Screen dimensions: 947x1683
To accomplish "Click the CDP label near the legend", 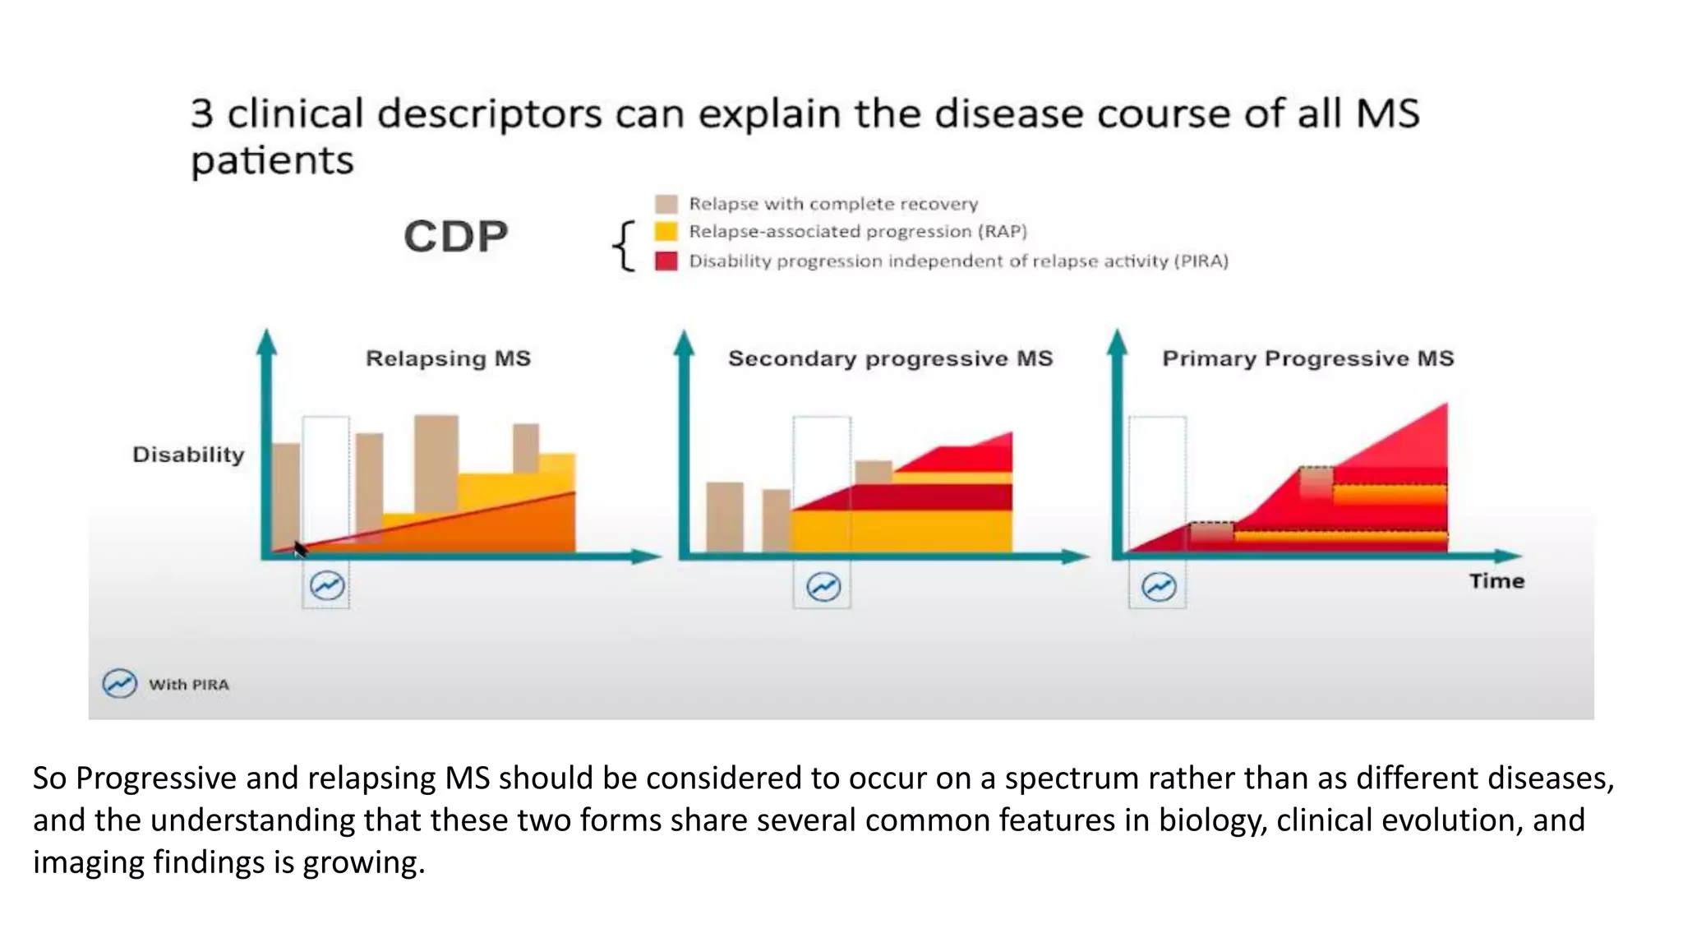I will pyautogui.click(x=456, y=237).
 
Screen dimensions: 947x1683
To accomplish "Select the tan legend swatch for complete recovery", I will pyautogui.click(x=666, y=204).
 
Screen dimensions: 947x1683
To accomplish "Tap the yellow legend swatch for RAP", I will pyautogui.click(x=666, y=232).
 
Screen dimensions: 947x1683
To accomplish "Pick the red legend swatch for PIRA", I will pyautogui.click(x=666, y=261).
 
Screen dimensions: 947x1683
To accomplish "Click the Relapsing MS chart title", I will pyautogui.click(x=448, y=358).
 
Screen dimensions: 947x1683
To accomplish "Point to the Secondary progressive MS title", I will pyautogui.click(x=890, y=358).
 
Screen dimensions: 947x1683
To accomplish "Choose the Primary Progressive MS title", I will pyautogui.click(x=1307, y=358).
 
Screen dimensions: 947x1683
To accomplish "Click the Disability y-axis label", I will pyautogui.click(x=188, y=455).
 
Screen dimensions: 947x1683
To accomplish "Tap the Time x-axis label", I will pyautogui.click(x=1496, y=581).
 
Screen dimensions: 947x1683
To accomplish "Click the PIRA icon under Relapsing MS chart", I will pyautogui.click(x=326, y=586).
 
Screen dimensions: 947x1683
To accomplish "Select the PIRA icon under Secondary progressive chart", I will pyautogui.click(x=823, y=587).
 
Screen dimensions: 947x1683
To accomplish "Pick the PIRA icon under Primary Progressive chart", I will pyautogui.click(x=1159, y=587).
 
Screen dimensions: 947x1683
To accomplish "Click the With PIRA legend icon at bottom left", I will pyautogui.click(x=119, y=684).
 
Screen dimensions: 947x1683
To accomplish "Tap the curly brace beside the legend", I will pyautogui.click(x=625, y=246).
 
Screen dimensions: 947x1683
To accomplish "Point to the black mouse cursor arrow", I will pyautogui.click(x=299, y=549).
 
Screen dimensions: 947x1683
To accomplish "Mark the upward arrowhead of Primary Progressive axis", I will pyautogui.click(x=1117, y=341).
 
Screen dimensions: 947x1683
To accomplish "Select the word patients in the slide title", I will pyautogui.click(x=272, y=160).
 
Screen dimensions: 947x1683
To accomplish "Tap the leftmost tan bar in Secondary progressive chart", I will pyautogui.click(x=724, y=516).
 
